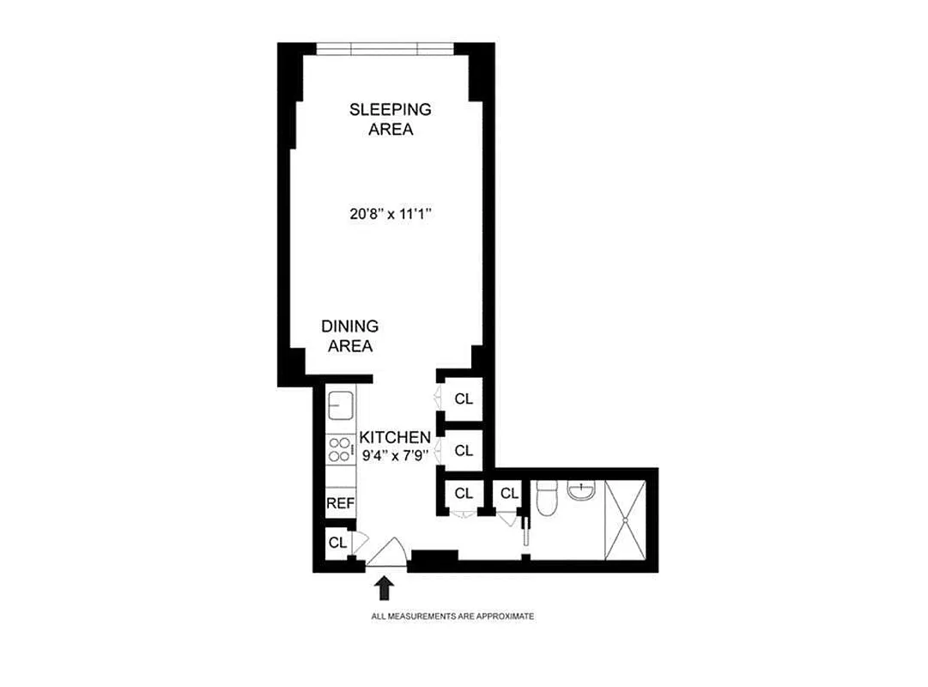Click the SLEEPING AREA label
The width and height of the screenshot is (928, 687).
pyautogui.click(x=390, y=119)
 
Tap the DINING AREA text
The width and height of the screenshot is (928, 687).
pyautogui.click(x=349, y=337)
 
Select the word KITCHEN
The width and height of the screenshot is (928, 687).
pyautogui.click(x=395, y=437)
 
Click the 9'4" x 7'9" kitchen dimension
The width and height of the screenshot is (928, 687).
pyautogui.click(x=394, y=456)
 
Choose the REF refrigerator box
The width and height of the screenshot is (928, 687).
pyautogui.click(x=340, y=503)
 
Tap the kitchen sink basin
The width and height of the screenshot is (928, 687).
pyautogui.click(x=341, y=404)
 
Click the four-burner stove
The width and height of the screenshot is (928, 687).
pyautogui.click(x=340, y=450)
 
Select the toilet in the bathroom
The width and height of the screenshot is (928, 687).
pyautogui.click(x=547, y=499)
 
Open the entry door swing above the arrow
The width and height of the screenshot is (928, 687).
pyautogui.click(x=388, y=553)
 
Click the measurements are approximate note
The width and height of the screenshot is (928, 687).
pyautogui.click(x=452, y=617)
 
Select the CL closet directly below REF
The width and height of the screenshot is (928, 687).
pyautogui.click(x=337, y=543)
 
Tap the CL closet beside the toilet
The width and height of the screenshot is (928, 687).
pyautogui.click(x=509, y=493)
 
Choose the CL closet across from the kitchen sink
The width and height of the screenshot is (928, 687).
pyautogui.click(x=464, y=399)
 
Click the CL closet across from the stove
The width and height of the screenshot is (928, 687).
pyautogui.click(x=464, y=450)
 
